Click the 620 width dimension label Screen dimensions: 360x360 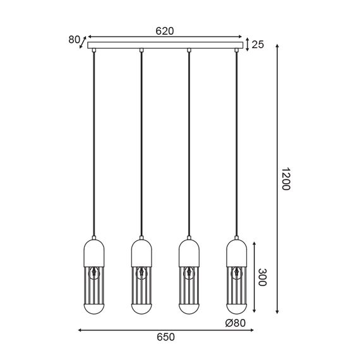tap(165, 30)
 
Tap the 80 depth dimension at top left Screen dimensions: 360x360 tap(75, 40)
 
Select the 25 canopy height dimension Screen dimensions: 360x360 tap(258, 44)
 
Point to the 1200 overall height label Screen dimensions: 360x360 tap(285, 179)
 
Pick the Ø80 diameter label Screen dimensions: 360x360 tap(236, 323)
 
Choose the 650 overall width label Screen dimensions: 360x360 tap(165, 337)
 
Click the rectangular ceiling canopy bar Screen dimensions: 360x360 tap(165, 45)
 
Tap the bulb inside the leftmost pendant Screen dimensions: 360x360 tap(94, 273)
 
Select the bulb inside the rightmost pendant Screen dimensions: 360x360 tap(237, 273)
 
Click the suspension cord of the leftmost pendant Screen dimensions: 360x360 tap(94, 145)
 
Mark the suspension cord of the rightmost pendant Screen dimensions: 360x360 tap(237, 145)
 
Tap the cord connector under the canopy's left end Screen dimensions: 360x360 tap(94, 50)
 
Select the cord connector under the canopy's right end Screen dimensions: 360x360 tap(237, 50)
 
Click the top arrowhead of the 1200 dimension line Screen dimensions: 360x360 tap(277, 52)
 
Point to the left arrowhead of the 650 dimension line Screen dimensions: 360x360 tap(80, 330)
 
